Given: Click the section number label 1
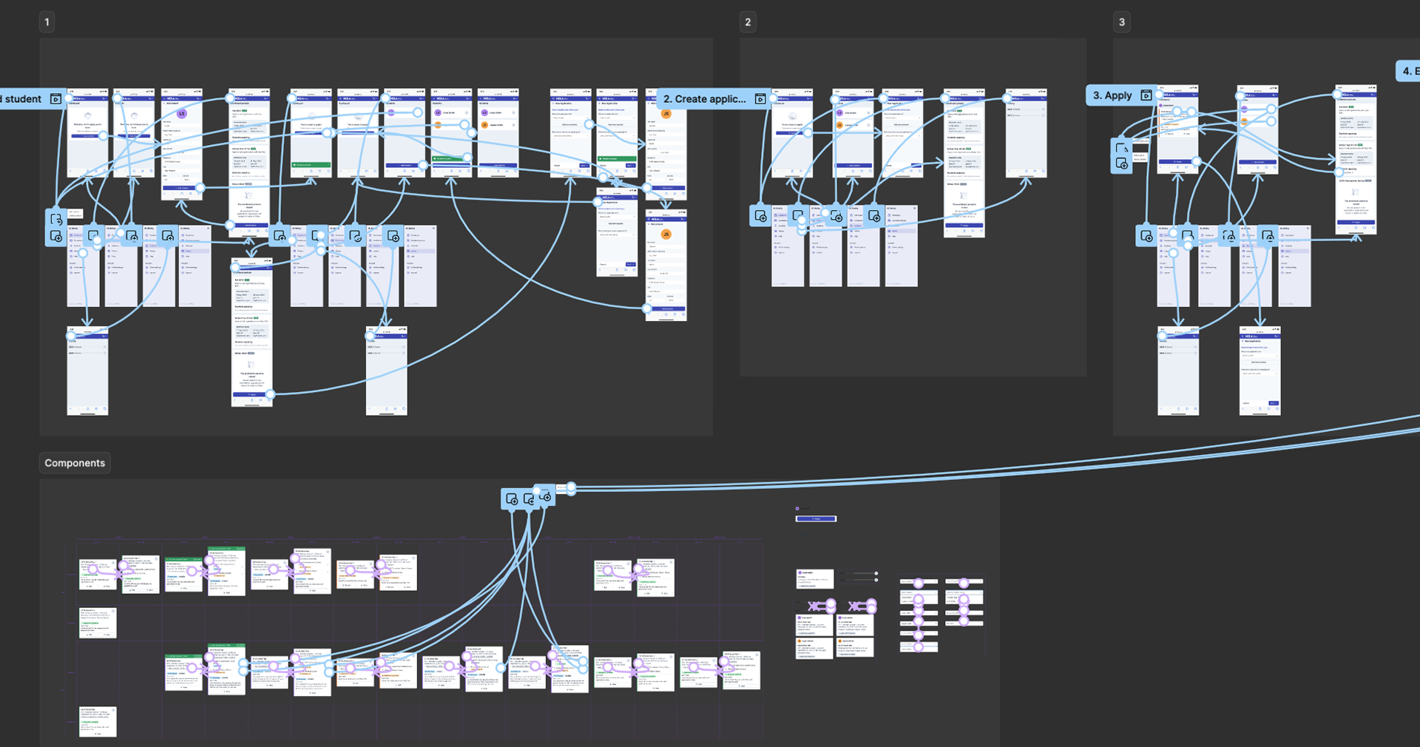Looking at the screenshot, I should [x=47, y=22].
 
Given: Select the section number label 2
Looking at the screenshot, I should [x=748, y=22].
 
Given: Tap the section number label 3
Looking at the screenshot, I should [x=1122, y=22].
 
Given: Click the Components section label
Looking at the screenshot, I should [x=75, y=463].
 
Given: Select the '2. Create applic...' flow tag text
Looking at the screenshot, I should [x=703, y=99].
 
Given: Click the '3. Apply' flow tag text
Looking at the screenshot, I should [x=1112, y=95].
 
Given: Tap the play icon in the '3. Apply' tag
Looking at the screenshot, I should [x=1146, y=95].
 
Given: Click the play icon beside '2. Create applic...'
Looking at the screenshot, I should [x=760, y=99].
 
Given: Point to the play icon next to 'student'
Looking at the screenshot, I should [x=55, y=99].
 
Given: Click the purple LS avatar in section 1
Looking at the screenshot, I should [x=181, y=114].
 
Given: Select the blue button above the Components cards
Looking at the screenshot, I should [x=816, y=519].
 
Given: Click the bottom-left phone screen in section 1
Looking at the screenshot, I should [x=88, y=371].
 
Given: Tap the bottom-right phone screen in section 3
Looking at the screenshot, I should [x=1260, y=371].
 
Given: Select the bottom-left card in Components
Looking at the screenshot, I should [x=98, y=721].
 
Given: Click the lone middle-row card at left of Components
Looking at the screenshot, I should [x=98, y=623].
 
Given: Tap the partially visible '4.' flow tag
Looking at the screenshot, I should [x=1407, y=71].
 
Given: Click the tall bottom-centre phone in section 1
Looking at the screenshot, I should [x=251, y=333].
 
